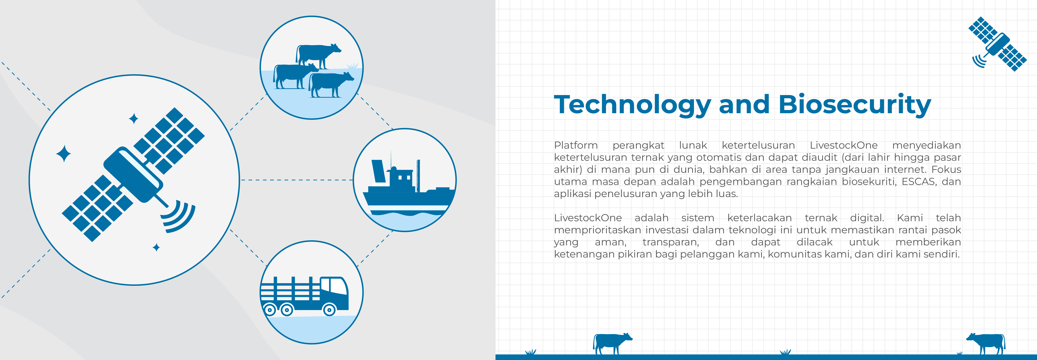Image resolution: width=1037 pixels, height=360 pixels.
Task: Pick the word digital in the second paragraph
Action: [x=867, y=218]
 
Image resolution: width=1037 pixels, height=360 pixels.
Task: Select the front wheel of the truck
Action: [x=329, y=310]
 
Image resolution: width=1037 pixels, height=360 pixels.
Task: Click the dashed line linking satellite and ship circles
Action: [x=296, y=180]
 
